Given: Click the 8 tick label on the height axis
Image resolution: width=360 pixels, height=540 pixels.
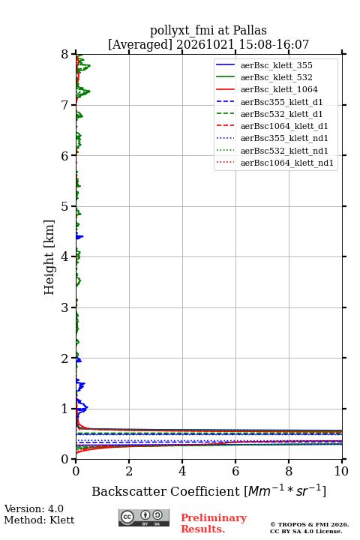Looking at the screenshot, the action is (65, 55).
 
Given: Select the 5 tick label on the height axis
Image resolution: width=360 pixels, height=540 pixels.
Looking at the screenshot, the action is (65, 206).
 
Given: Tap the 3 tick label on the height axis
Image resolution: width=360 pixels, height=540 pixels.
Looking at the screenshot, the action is (65, 307).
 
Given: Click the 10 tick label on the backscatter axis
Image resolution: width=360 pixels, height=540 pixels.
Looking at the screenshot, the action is (341, 471).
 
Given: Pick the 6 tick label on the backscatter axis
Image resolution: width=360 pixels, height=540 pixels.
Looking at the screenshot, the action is (235, 471).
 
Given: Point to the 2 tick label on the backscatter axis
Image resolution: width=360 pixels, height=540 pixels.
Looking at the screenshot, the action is (129, 471).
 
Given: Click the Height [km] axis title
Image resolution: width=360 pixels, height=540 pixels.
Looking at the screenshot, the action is (49, 257).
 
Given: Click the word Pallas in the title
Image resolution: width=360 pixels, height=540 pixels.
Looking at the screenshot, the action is (250, 30).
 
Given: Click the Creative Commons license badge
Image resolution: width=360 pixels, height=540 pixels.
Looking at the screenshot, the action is (144, 517).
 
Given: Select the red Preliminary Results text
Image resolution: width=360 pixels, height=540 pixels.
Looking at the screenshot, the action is (214, 523).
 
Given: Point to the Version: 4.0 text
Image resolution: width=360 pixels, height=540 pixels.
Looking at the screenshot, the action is (34, 508).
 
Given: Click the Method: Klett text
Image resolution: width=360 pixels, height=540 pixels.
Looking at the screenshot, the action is (39, 520).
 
